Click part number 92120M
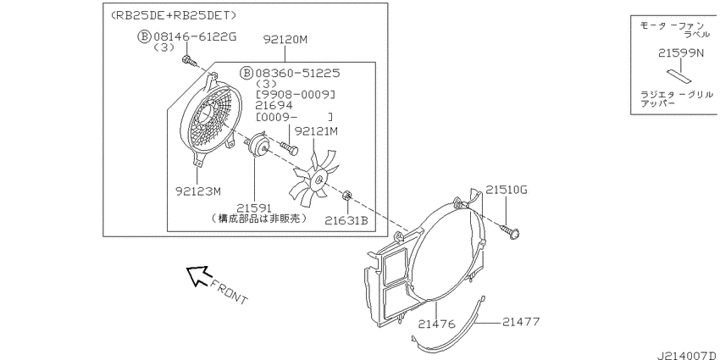(x=285, y=40)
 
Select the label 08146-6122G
(x=195, y=36)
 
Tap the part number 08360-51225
(x=297, y=73)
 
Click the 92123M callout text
(x=198, y=190)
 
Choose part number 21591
(x=255, y=208)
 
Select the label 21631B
(x=346, y=221)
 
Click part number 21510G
(x=507, y=190)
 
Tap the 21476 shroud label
(x=436, y=324)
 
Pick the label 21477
(x=521, y=321)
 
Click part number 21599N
(x=680, y=53)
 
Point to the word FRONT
(x=230, y=292)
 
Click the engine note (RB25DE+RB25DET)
(x=174, y=15)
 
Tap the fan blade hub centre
(x=318, y=178)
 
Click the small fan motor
(x=257, y=145)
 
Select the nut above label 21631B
(x=347, y=197)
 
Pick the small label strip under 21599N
(x=679, y=76)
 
